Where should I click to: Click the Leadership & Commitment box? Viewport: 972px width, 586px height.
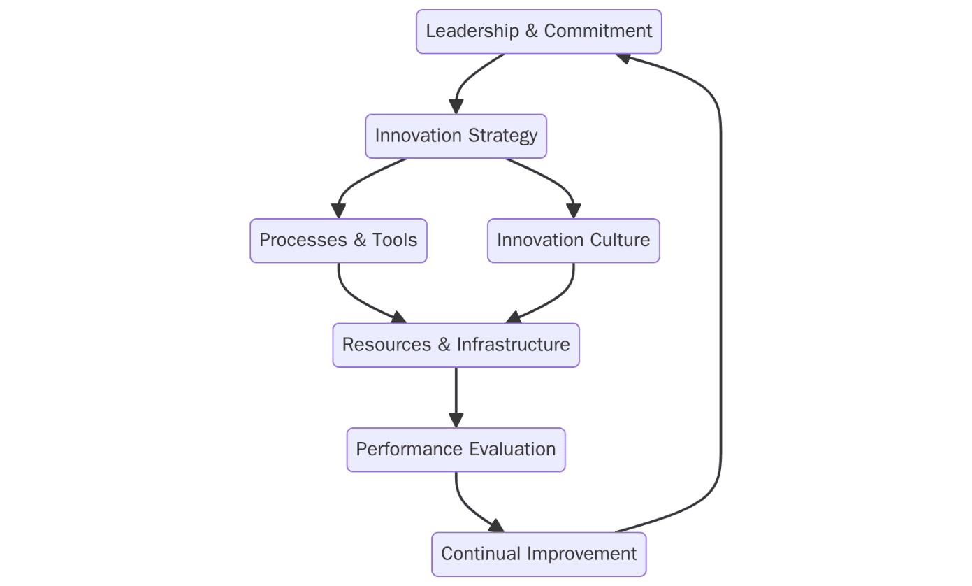click(x=539, y=31)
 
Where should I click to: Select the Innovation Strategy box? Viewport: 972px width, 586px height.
click(x=456, y=136)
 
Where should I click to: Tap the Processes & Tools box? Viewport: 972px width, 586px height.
click(x=338, y=241)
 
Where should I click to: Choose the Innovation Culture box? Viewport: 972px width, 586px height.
click(x=573, y=241)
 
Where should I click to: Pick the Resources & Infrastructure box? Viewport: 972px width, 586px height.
click(x=456, y=345)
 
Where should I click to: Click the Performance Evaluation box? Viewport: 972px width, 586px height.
click(x=456, y=450)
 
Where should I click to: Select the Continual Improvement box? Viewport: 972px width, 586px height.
click(x=539, y=554)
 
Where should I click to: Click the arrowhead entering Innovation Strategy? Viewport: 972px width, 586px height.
click(x=456, y=106)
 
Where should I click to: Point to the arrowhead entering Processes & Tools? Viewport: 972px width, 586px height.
click(x=339, y=210)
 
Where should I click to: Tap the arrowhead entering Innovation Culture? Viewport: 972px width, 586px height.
click(x=574, y=210)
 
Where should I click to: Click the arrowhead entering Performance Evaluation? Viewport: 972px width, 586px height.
click(x=456, y=420)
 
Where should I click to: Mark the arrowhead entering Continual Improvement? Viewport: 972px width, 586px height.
click(x=495, y=525)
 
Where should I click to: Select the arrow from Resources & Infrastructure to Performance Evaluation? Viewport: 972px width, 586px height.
click(x=456, y=392)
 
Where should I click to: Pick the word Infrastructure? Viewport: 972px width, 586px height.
click(x=513, y=345)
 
